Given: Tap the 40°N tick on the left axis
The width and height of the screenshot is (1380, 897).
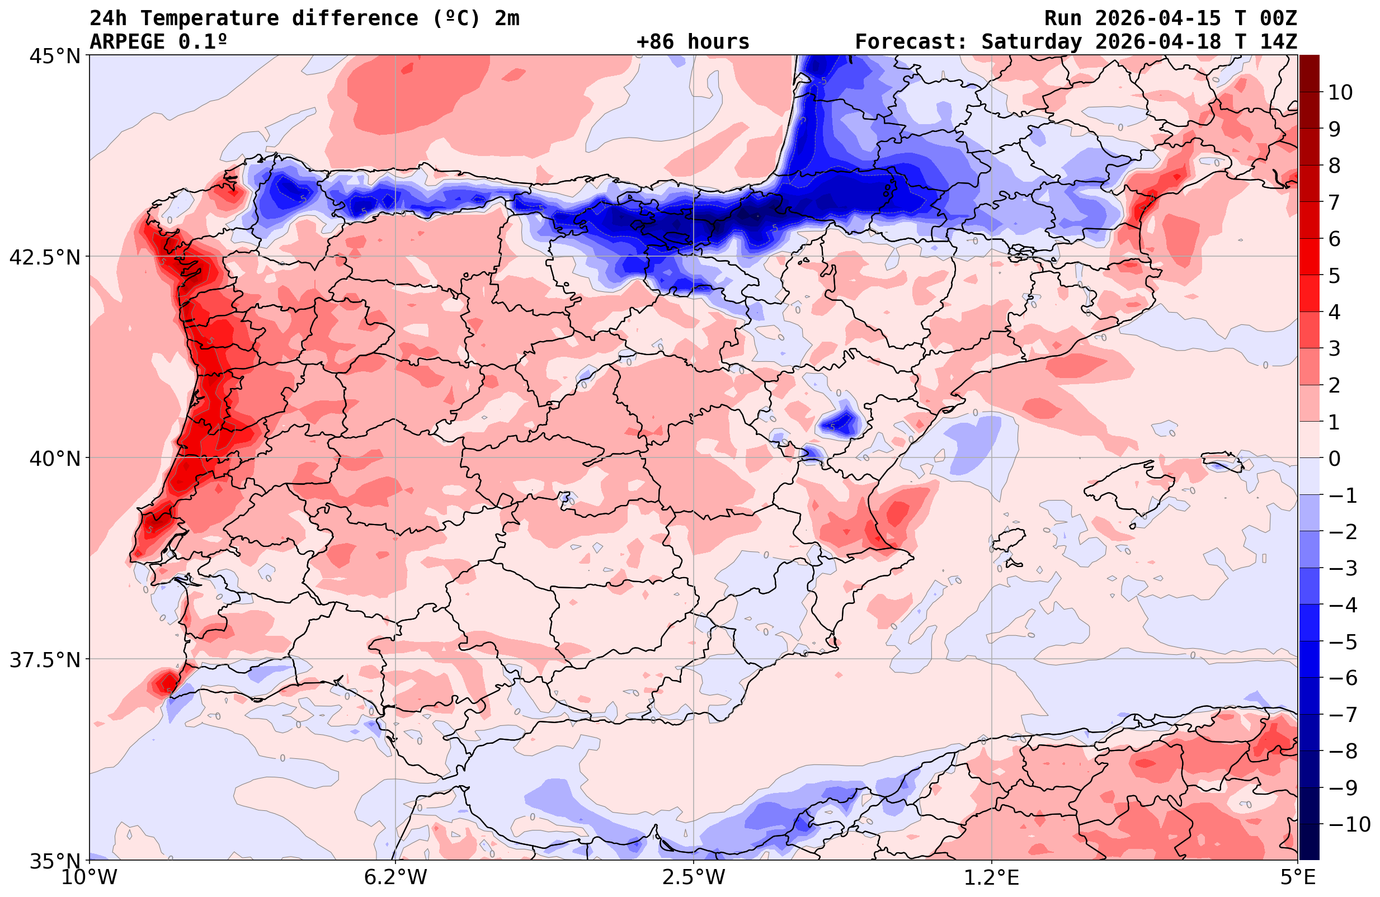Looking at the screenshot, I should coord(54,459).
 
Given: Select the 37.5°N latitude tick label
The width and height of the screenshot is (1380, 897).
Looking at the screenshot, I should coord(45,660).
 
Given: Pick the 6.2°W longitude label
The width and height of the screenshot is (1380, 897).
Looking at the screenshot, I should coord(395,877).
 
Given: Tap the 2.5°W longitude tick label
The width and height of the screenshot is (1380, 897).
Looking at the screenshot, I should coord(694,877).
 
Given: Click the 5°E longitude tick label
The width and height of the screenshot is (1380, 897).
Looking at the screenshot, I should coord(1297,877).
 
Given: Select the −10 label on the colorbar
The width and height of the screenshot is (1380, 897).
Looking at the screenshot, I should coord(1349,824).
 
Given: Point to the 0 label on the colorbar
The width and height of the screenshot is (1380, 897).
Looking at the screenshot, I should coord(1335,459).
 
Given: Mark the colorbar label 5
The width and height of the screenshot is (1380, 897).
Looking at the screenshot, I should coord(1335,276).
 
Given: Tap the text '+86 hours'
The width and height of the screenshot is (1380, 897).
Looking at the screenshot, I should coord(693,42).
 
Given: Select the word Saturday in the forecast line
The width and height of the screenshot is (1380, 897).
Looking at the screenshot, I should coord(1032,42).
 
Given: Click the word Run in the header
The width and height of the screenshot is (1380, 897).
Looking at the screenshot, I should coord(1063,18).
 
